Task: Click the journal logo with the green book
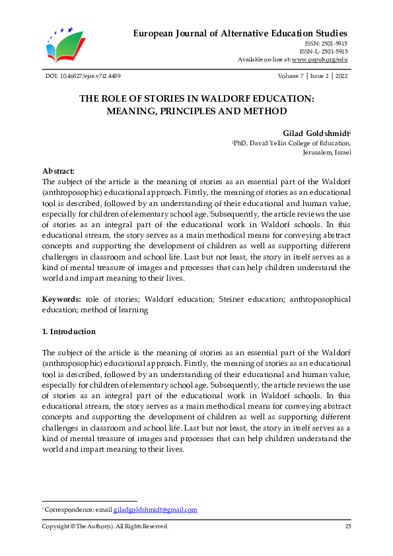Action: [65, 45]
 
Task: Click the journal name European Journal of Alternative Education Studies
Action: [240, 33]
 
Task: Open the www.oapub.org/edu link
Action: [320, 60]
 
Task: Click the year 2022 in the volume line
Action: [342, 77]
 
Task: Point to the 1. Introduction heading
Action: [69, 331]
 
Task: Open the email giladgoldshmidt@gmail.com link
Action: [155, 510]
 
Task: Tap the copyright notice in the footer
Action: [105, 526]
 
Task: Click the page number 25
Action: [347, 526]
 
